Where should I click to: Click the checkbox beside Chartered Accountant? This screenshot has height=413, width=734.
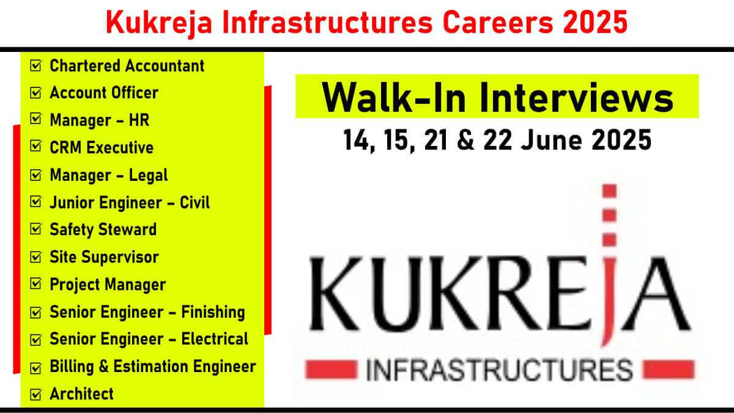tap(35, 65)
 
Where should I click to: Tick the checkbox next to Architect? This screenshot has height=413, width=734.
tap(35, 394)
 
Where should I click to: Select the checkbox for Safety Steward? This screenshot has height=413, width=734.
tap(35, 229)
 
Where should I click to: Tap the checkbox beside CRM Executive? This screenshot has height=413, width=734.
tap(35, 147)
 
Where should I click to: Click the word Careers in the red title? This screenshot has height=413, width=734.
tap(498, 22)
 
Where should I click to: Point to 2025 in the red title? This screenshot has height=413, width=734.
tap(595, 22)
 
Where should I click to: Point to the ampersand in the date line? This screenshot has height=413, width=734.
tap(465, 140)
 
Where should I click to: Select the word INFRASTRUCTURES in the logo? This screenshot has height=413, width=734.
tap(499, 370)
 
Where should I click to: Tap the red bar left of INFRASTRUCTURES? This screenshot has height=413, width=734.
tap(331, 370)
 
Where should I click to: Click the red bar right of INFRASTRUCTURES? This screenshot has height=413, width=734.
tap(669, 370)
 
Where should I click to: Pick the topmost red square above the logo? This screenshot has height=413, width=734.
tap(609, 191)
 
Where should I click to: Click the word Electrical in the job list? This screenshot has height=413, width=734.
tap(215, 339)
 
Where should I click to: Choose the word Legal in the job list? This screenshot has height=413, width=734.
tap(148, 176)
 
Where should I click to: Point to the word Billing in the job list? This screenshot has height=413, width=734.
tap(72, 367)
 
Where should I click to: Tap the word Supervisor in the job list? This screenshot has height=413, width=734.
tap(120, 257)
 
